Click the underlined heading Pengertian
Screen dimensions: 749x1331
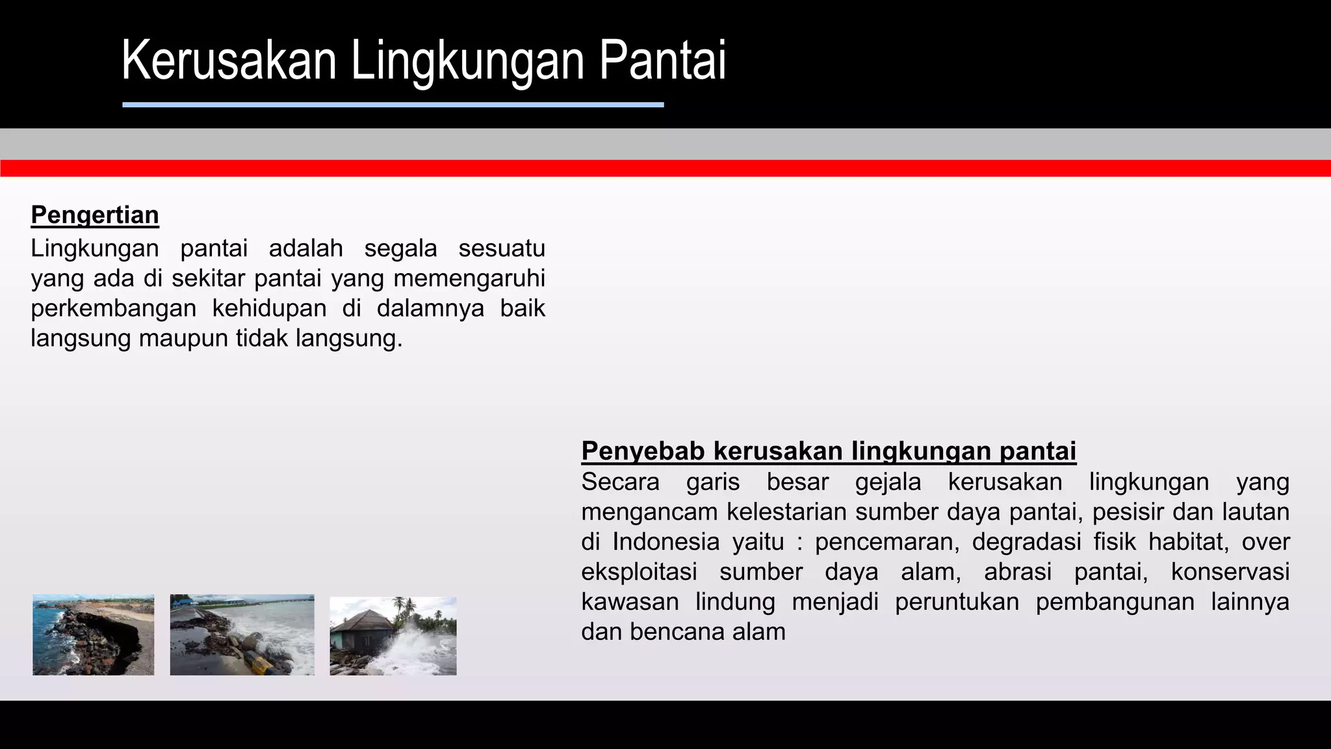pyautogui.click(x=95, y=215)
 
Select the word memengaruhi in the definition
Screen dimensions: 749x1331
pyautogui.click(x=469, y=278)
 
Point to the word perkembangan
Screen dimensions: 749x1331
pyautogui.click(x=114, y=308)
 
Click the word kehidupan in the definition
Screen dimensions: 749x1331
pyautogui.click(x=269, y=308)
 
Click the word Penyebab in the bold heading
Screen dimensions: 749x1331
pyautogui.click(x=643, y=451)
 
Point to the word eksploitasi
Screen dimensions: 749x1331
pyautogui.click(x=639, y=572)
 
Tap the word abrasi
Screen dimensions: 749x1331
pyautogui.click(x=1017, y=572)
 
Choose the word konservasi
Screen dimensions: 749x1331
pyautogui.click(x=1230, y=572)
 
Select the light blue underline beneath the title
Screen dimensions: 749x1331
pyautogui.click(x=393, y=105)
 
